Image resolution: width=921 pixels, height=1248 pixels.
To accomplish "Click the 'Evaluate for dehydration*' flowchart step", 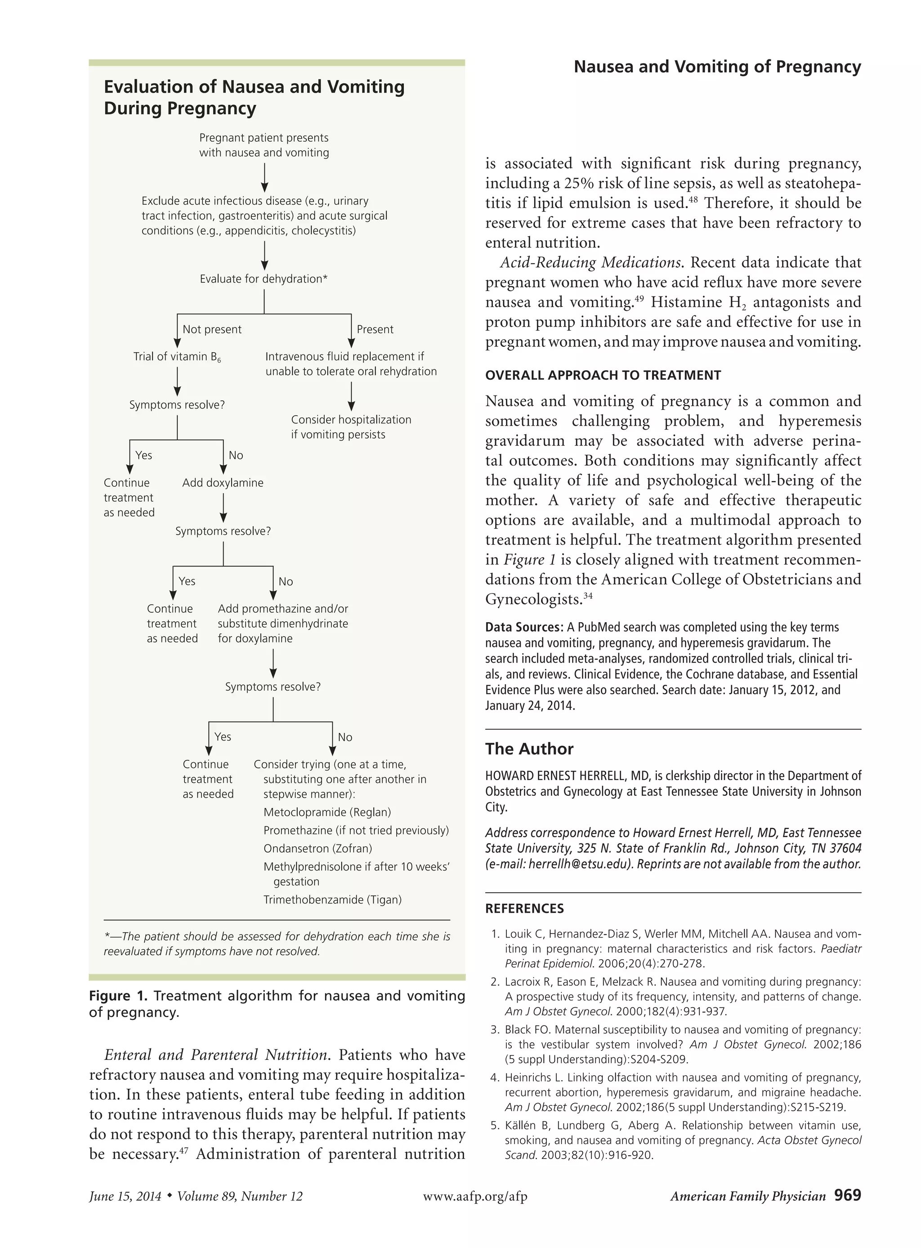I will point(263,279).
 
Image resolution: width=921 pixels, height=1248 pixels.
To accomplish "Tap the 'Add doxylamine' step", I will point(223,483).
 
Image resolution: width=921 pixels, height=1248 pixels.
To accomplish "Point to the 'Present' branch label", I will point(375,330).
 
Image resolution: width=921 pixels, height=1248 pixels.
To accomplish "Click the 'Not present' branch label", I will point(212,330).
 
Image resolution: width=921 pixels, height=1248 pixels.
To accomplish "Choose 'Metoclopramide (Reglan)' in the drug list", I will point(327,813).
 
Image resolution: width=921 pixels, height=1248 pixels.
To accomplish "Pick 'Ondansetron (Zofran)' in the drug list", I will point(318,849).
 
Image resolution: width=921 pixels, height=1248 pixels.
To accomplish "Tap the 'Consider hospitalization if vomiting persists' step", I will point(351,427).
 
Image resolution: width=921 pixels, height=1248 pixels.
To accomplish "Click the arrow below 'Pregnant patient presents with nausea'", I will point(264,178).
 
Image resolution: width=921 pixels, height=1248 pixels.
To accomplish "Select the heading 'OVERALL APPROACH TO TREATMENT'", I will point(603,375).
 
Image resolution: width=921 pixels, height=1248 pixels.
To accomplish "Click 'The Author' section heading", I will point(529,749).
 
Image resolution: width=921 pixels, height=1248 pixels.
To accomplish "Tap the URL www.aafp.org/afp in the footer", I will point(475,1196).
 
